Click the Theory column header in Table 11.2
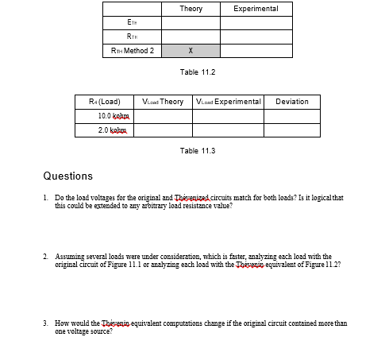pos(191,9)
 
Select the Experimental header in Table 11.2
pos(256,9)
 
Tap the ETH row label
pos(133,23)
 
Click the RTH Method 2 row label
pos(133,51)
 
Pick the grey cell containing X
pos(191,51)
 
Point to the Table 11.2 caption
pos(198,72)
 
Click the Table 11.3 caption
pos(198,150)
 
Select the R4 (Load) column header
pos(104,103)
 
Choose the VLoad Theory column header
pos(162,103)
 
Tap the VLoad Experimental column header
pos(229,103)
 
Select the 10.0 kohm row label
pos(104,116)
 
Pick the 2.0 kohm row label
pos(104,130)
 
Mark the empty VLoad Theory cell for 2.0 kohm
pos(162,130)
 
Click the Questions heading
pos(67,176)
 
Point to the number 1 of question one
pos(46,196)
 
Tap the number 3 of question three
pos(46,323)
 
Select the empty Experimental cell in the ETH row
pos(256,23)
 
